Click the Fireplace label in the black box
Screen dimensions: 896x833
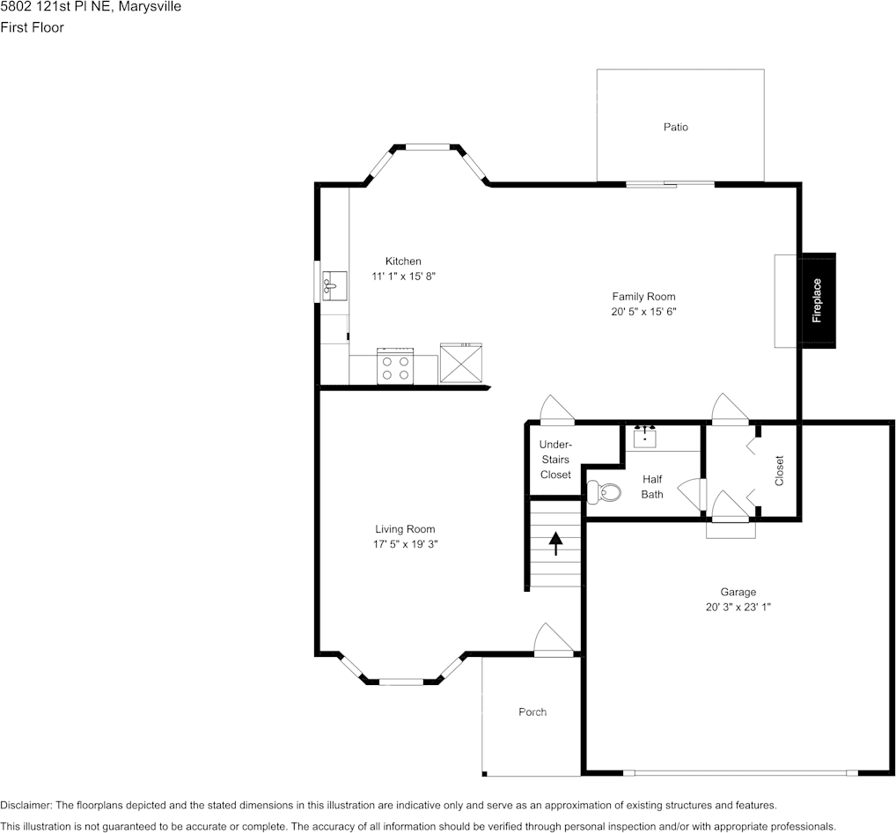tap(817, 300)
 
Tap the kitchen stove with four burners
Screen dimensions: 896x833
tap(395, 366)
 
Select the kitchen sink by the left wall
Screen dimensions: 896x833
tap(334, 286)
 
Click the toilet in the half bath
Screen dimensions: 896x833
tap(604, 492)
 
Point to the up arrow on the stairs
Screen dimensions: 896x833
tap(555, 543)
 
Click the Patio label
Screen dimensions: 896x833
tap(675, 127)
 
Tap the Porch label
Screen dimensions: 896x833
tap(532, 711)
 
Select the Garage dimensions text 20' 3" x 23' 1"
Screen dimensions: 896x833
tap(738, 608)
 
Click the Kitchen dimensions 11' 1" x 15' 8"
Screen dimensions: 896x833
tap(403, 276)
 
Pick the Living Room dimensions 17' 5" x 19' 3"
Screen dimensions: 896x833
tap(405, 544)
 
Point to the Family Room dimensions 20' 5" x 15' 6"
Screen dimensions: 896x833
tap(643, 312)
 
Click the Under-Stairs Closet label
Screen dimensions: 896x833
tap(555, 460)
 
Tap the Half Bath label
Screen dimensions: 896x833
tap(652, 487)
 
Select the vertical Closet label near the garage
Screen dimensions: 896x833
tap(779, 470)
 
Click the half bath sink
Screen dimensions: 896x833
tap(644, 437)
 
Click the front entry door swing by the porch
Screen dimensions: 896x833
tap(553, 639)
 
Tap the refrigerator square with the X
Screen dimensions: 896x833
tap(461, 363)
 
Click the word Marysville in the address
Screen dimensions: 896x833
tap(150, 7)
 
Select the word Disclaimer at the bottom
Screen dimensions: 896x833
tap(26, 806)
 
